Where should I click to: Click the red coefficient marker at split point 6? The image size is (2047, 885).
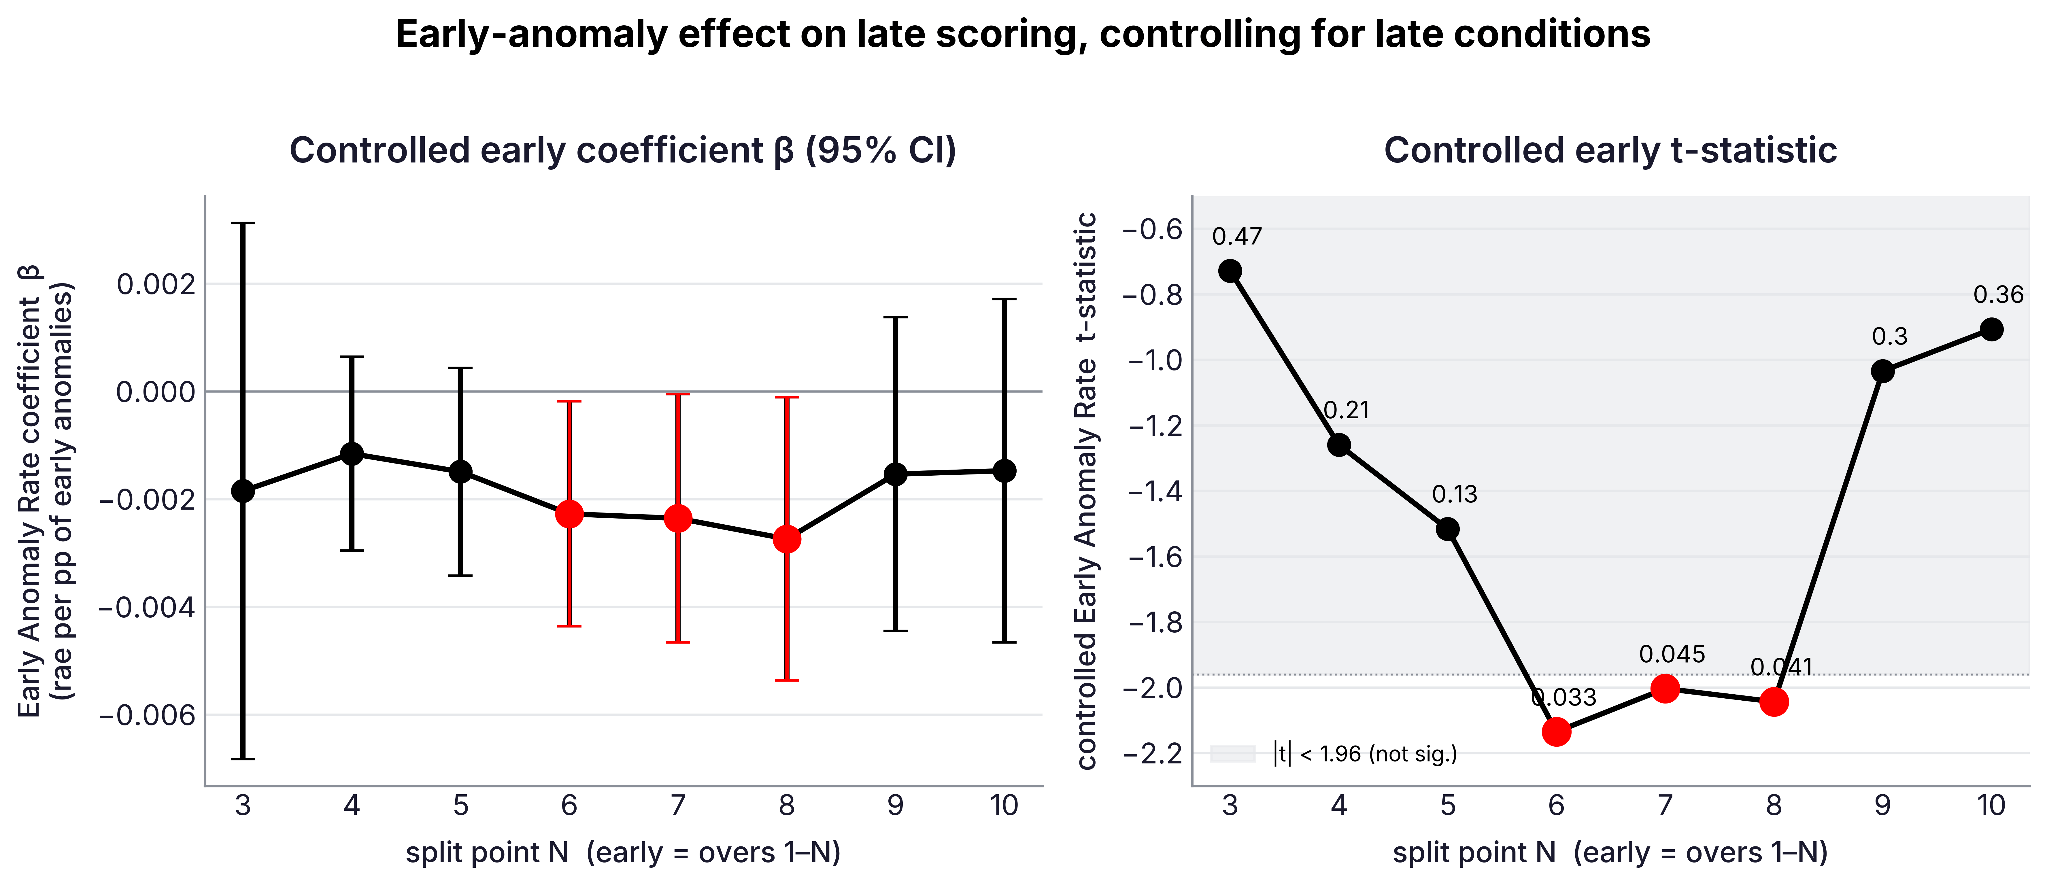[x=569, y=514]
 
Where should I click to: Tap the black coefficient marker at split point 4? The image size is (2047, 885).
[x=352, y=454]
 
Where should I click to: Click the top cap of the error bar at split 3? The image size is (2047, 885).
[x=243, y=223]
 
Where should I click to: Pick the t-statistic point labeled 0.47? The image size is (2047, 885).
[x=1230, y=271]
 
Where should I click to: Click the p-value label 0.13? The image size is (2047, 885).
[x=1454, y=494]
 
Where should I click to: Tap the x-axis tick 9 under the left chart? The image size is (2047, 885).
[x=896, y=805]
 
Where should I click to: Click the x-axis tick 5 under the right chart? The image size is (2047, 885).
[x=1448, y=805]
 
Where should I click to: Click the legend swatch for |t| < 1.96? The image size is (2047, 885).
[x=1232, y=753]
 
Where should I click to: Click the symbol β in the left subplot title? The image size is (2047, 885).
[x=783, y=151]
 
